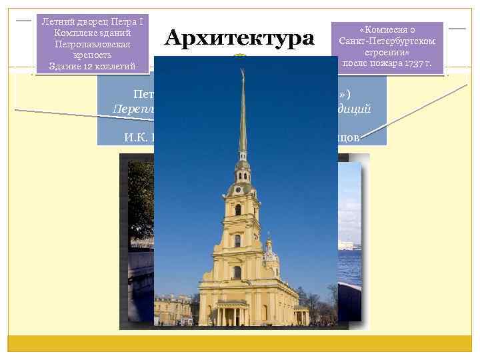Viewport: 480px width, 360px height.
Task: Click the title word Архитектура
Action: [239, 38]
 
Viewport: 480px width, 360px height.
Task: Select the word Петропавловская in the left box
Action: [92, 44]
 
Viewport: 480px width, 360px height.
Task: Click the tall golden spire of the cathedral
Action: [243, 113]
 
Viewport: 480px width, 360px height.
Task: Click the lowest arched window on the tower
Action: [237, 272]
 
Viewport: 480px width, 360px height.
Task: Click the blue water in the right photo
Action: [349, 267]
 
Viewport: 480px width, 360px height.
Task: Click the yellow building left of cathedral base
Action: [175, 308]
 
